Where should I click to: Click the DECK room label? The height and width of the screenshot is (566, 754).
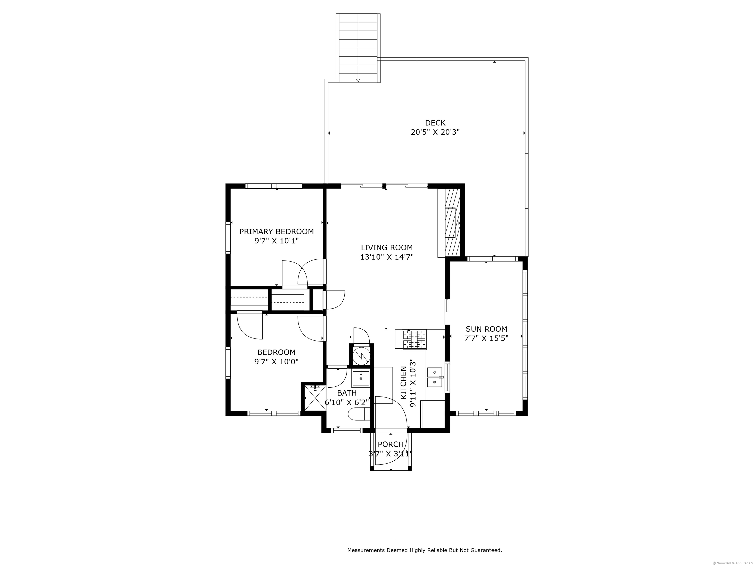[435, 123]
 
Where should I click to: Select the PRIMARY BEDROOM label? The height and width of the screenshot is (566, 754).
[276, 232]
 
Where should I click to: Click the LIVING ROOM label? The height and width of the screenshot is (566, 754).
[387, 248]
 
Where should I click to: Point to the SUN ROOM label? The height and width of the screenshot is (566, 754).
[486, 329]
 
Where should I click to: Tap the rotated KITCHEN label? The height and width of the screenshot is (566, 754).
[404, 382]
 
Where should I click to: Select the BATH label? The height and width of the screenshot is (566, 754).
[347, 393]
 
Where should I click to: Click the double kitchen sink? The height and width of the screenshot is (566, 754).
[435, 377]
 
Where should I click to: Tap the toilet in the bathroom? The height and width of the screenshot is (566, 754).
[359, 414]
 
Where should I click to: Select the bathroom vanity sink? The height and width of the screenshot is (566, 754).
[361, 378]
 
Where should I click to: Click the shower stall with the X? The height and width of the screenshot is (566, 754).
[314, 397]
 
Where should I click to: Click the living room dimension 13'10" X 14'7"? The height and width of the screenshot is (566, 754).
[387, 257]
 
